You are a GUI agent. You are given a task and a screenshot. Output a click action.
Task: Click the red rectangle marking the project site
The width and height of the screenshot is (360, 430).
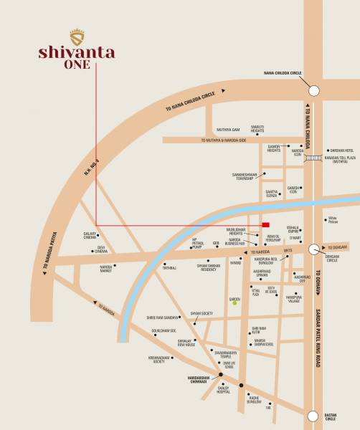click(x=265, y=224)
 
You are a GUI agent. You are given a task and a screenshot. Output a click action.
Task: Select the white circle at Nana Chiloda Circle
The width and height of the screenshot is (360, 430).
click(x=313, y=90)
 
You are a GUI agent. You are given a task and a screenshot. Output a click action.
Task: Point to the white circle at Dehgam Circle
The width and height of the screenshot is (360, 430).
click(x=313, y=249)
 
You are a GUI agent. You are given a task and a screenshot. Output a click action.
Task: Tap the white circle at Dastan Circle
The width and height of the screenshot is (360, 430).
click(x=313, y=415)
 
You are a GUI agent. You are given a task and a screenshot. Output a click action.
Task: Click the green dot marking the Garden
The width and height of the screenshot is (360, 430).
click(x=234, y=303)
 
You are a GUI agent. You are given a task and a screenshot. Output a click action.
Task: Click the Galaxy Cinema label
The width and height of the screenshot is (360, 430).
click(x=90, y=235)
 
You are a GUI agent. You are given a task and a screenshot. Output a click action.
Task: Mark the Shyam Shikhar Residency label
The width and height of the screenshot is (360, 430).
click(x=196, y=267)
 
